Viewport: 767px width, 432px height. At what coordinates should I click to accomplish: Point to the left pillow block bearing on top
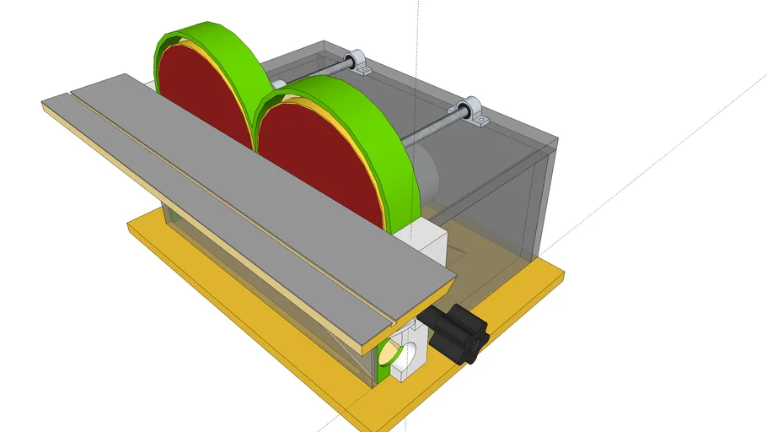361,63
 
